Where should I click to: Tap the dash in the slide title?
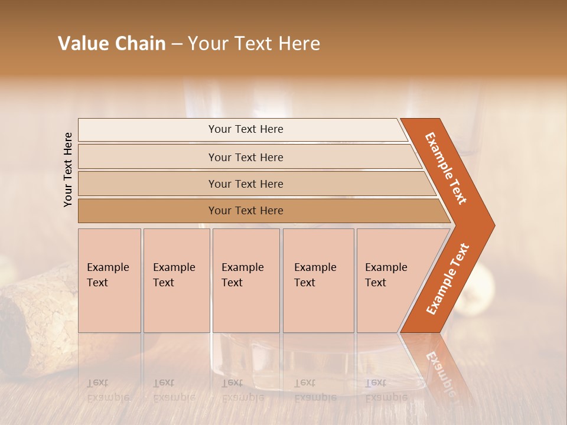point(177,44)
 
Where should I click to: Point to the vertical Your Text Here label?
point(68,169)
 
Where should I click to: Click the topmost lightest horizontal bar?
point(242,129)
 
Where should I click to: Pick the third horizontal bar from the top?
point(248,184)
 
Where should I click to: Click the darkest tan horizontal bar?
point(254,211)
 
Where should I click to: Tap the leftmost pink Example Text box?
point(109,280)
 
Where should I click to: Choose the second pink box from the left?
point(177,280)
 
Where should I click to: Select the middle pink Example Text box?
point(246,280)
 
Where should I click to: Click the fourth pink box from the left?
point(318,280)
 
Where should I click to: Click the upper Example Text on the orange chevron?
point(446,168)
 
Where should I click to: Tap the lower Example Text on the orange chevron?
point(447,279)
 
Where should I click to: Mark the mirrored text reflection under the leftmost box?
point(109,390)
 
